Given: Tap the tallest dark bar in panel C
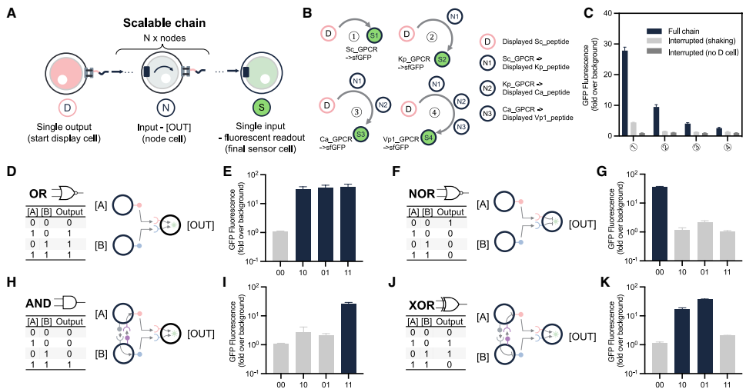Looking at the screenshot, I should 624,92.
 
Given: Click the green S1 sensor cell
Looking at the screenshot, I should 374,35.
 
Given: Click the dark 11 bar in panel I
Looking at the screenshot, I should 348,338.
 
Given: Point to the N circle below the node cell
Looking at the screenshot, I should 164,108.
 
